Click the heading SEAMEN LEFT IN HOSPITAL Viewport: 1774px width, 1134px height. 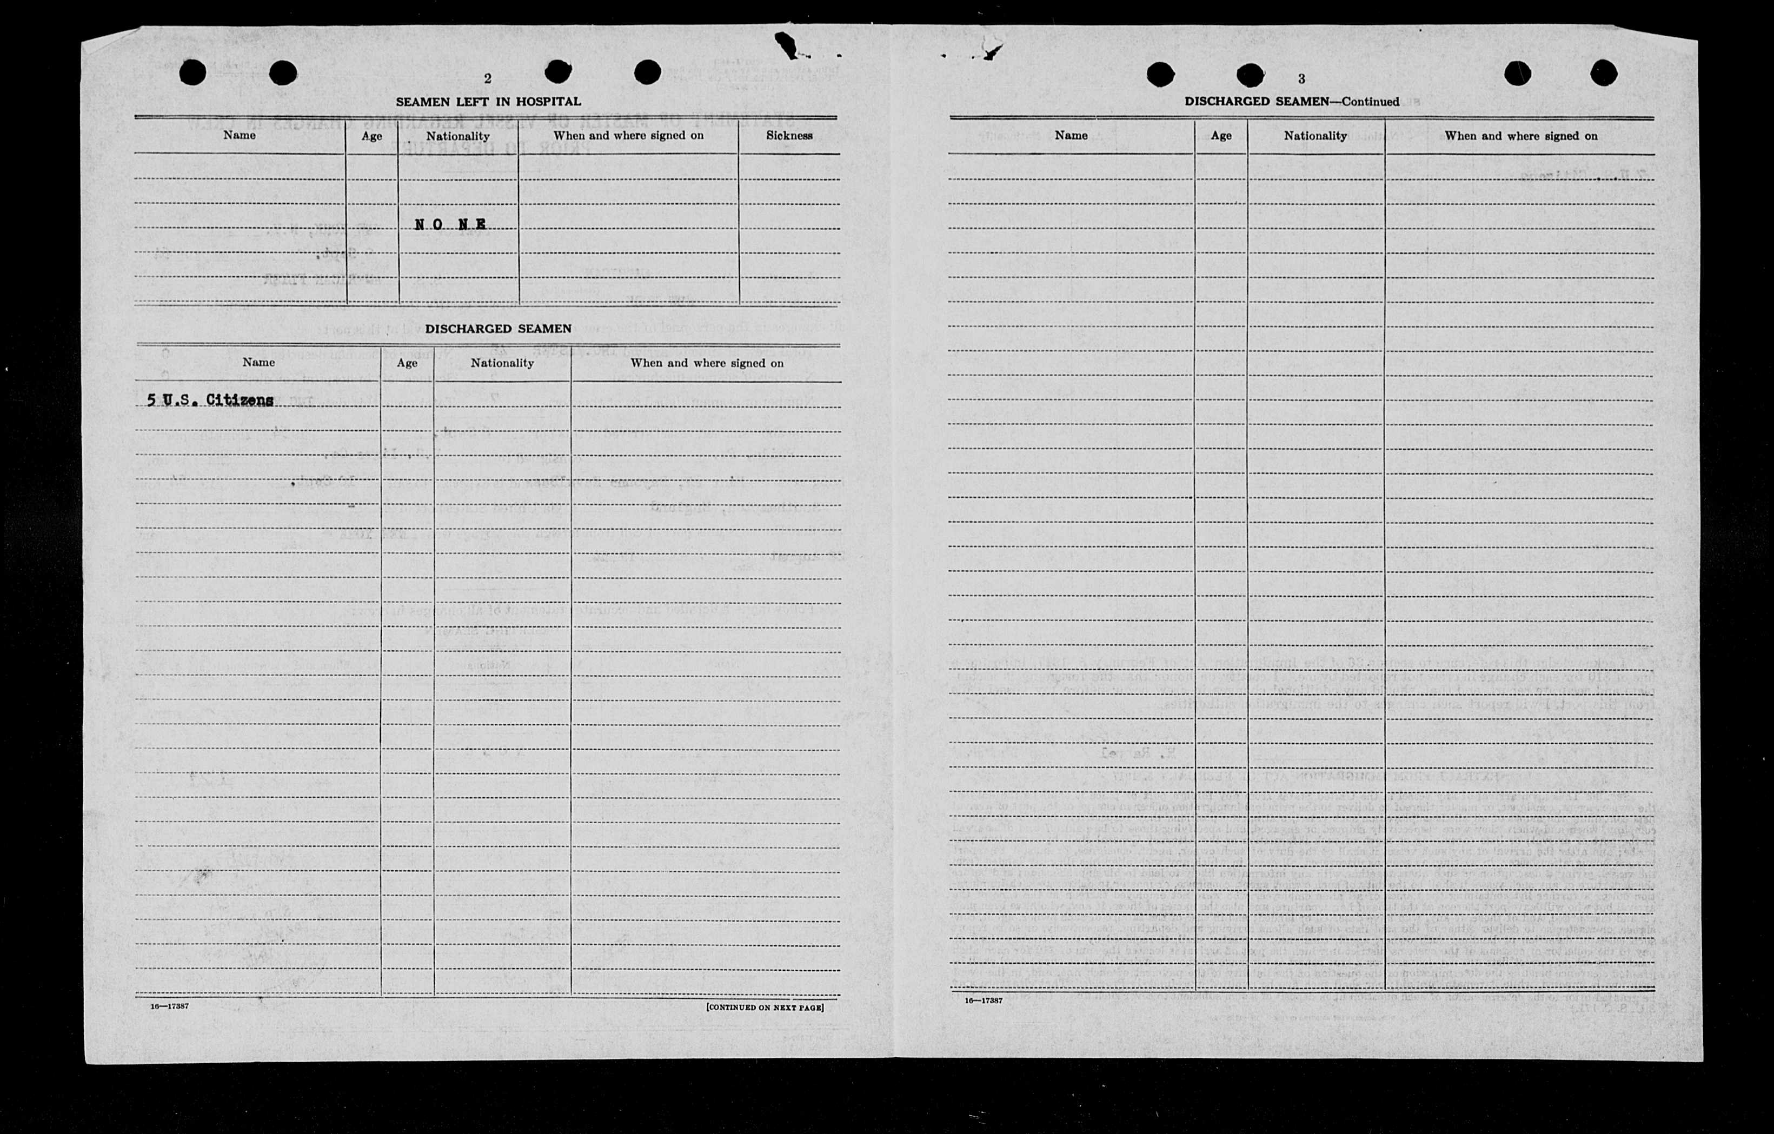488,102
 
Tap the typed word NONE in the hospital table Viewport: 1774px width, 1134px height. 450,225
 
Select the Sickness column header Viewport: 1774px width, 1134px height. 789,136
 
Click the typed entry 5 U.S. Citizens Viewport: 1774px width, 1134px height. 211,400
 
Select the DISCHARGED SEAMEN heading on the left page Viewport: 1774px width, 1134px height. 498,329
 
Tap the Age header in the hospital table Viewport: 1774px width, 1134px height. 371,136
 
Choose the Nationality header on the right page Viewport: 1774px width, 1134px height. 1315,136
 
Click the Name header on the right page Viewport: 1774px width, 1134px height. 1071,136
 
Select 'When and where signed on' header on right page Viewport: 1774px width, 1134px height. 1520,136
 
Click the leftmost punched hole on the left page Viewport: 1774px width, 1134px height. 193,72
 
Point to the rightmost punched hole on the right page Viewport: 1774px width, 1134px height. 1604,73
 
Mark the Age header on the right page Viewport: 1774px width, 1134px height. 1221,136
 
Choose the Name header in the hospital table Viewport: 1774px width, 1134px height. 240,136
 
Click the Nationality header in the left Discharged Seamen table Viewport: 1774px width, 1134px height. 502,363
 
